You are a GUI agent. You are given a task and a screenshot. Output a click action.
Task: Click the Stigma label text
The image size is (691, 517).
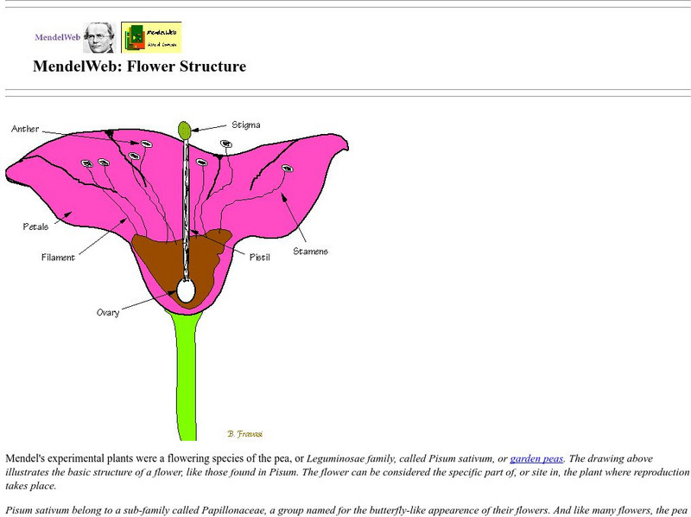pyautogui.click(x=246, y=124)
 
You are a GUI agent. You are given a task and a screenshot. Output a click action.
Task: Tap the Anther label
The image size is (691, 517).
pyautogui.click(x=25, y=130)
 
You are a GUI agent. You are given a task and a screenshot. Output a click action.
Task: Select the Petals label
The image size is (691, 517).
pyautogui.click(x=35, y=227)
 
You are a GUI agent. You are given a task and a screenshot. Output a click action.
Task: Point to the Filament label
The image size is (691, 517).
pyautogui.click(x=59, y=257)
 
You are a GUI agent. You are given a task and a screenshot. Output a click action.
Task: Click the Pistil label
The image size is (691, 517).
pyautogui.click(x=259, y=257)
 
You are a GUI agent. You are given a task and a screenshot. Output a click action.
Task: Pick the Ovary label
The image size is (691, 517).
pyautogui.click(x=108, y=312)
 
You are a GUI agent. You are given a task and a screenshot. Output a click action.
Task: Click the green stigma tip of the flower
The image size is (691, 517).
pyautogui.click(x=185, y=130)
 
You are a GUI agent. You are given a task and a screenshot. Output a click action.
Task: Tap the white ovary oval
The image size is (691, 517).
pyautogui.click(x=186, y=290)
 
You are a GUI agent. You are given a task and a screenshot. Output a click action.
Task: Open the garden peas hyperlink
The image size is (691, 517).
pyautogui.click(x=536, y=458)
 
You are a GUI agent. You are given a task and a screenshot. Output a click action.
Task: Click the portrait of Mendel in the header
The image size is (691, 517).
pyautogui.click(x=99, y=37)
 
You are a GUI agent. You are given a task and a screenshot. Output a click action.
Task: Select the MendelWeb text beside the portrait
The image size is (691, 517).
pyautogui.click(x=57, y=37)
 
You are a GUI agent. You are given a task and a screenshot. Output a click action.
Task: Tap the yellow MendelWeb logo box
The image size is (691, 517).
pyautogui.click(x=151, y=37)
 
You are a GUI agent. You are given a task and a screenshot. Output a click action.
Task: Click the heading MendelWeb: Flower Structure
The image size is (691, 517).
pyautogui.click(x=139, y=67)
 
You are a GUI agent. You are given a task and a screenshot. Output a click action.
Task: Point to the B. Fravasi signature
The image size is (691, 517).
pyautogui.click(x=244, y=432)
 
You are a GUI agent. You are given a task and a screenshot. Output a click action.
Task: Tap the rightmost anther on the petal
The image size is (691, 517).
pyautogui.click(x=286, y=169)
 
